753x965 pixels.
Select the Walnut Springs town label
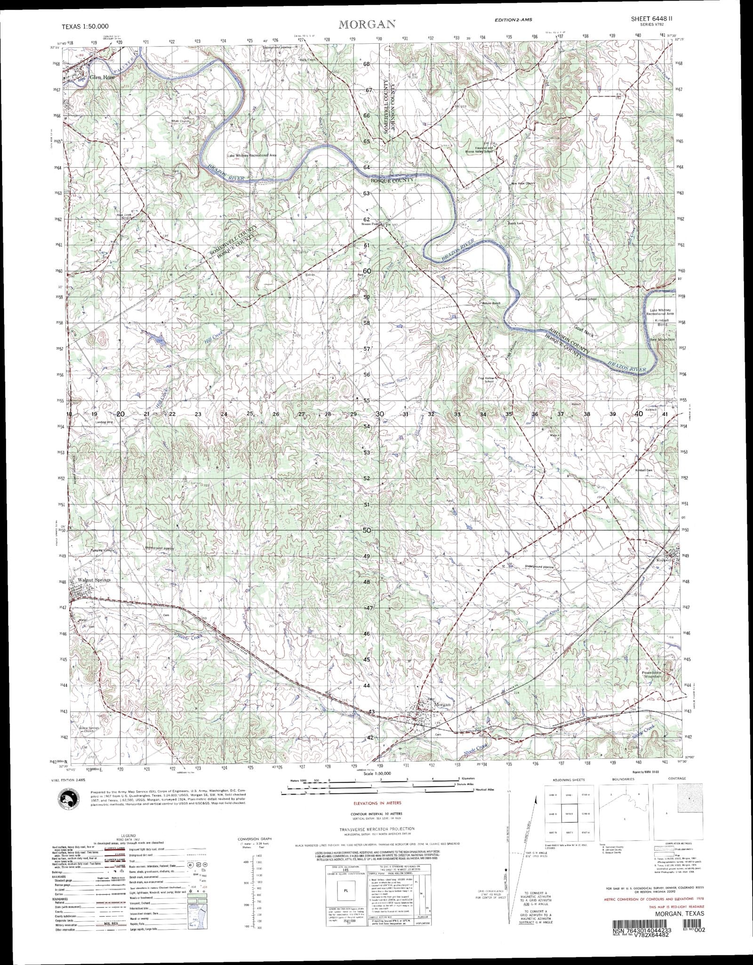click(x=94, y=580)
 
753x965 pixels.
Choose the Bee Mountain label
click(x=662, y=339)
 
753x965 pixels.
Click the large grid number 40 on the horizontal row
click(x=638, y=414)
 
